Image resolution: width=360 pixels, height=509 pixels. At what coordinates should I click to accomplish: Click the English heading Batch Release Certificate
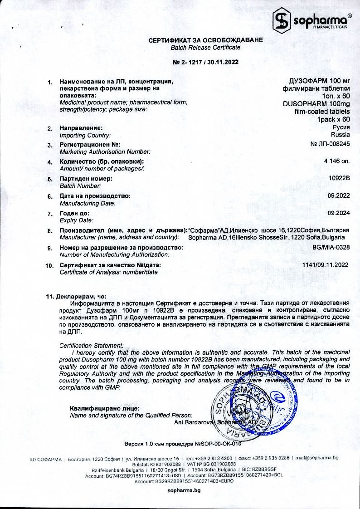click(x=205, y=47)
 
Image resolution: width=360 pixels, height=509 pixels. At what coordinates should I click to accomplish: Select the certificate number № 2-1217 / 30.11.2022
click(x=205, y=62)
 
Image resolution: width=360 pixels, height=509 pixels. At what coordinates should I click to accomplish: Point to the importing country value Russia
click(x=340, y=135)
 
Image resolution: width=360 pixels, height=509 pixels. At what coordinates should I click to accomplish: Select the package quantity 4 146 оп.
click(x=336, y=161)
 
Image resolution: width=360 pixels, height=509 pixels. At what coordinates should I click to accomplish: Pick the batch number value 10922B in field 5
click(x=340, y=178)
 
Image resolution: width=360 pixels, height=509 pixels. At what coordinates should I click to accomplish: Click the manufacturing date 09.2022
click(x=338, y=196)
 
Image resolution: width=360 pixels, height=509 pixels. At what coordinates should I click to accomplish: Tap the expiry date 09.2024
click(x=338, y=213)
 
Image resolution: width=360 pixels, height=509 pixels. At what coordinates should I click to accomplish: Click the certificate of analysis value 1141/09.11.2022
click(x=325, y=264)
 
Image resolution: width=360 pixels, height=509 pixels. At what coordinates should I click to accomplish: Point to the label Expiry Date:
click(x=77, y=220)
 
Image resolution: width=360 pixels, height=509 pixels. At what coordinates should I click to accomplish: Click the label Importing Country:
click(x=85, y=135)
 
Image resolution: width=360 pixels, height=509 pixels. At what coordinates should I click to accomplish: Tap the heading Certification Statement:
click(x=92, y=346)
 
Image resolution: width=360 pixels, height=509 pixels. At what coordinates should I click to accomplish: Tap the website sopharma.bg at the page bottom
click(x=184, y=490)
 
